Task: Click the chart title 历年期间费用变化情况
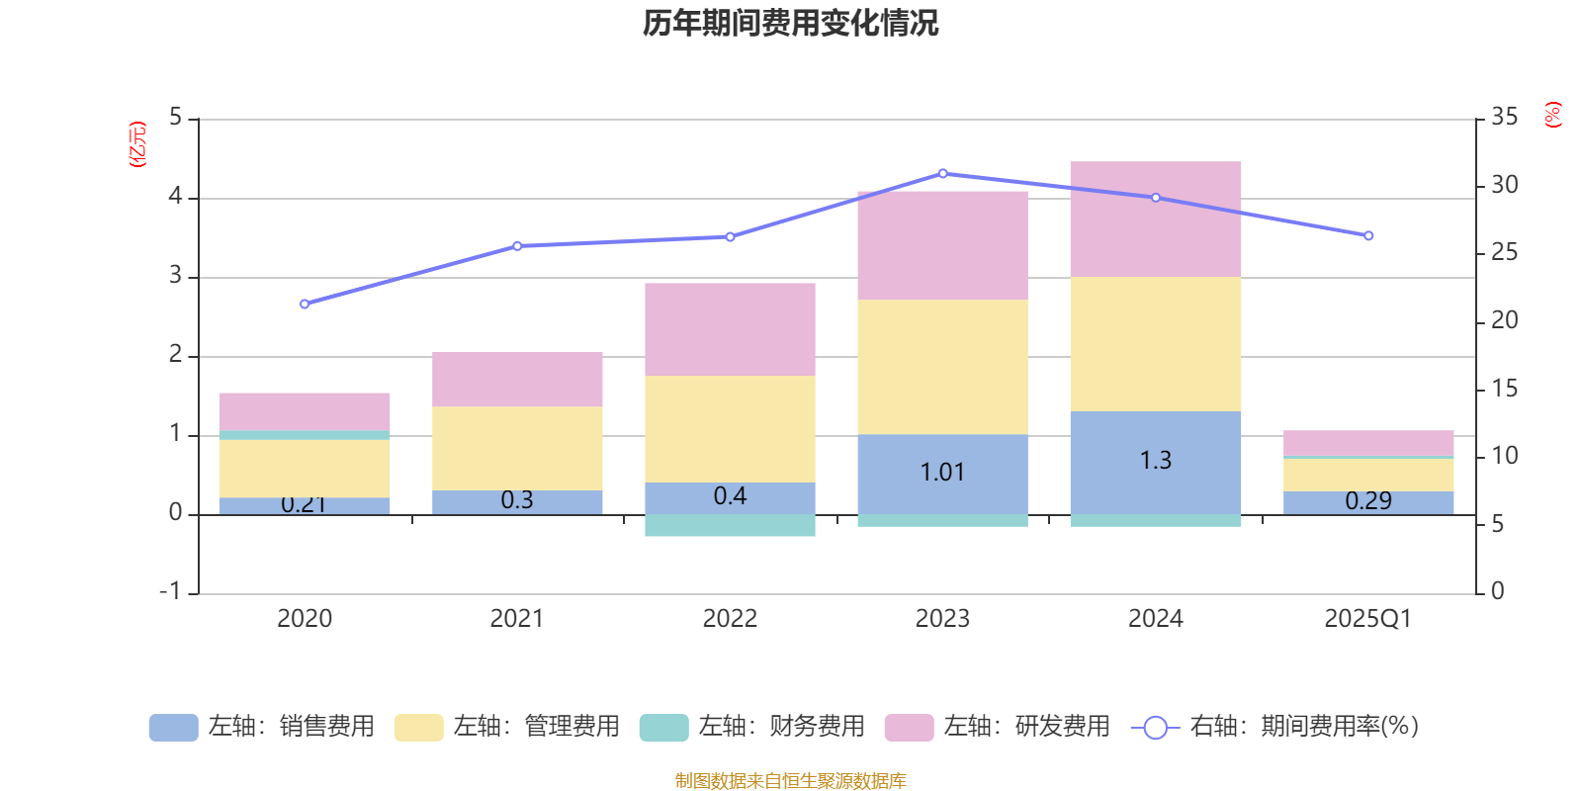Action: (x=790, y=23)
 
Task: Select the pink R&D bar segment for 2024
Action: (x=1155, y=219)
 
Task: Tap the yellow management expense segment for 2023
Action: (x=942, y=366)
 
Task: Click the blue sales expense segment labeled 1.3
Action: (x=1155, y=461)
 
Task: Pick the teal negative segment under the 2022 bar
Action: (x=730, y=525)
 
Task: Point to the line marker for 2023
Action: (x=942, y=174)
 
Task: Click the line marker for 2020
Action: (x=305, y=304)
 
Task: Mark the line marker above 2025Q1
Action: (x=1368, y=235)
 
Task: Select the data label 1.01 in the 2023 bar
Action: (x=942, y=473)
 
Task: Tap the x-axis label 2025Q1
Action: (x=1367, y=619)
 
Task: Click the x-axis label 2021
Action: (x=516, y=619)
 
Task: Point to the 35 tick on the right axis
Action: (x=1504, y=118)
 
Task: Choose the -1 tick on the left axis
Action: (x=171, y=591)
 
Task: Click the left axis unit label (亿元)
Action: (x=137, y=144)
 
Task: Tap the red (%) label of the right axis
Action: (x=1552, y=115)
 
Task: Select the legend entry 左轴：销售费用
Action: (x=262, y=727)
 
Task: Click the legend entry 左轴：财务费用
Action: (x=752, y=727)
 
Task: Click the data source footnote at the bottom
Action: (x=790, y=781)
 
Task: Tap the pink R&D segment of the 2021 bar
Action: (x=517, y=379)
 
